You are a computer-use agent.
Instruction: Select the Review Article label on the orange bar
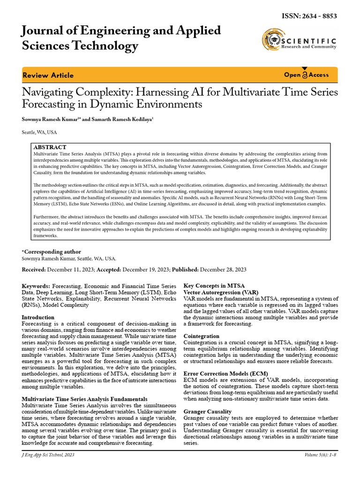coord(48,75)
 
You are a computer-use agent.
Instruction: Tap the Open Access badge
coord(307,75)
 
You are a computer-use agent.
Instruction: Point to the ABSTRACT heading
coord(50,147)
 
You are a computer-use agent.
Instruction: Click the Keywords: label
coord(36,285)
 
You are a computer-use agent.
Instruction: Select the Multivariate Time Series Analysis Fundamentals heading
coord(84,399)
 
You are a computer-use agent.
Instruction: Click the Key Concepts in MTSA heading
coord(214,285)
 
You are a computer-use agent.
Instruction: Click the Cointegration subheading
coord(202,336)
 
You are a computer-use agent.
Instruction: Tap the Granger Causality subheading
coord(208,411)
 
